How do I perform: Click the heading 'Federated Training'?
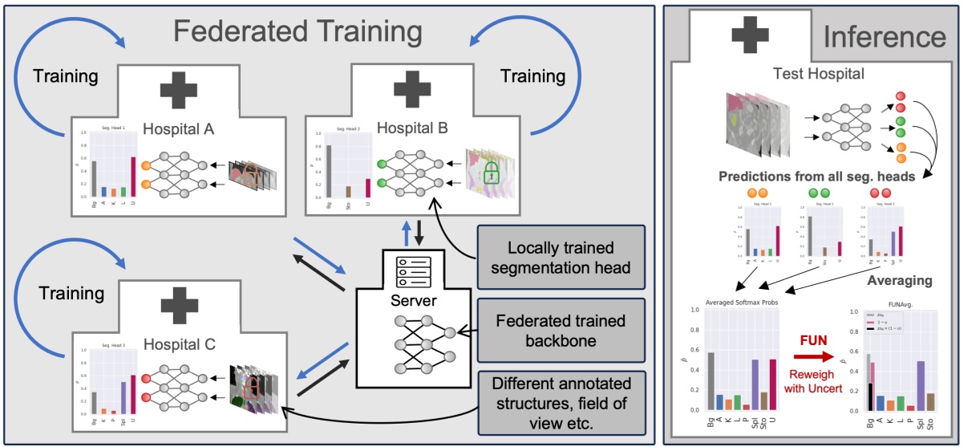[x=298, y=32]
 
